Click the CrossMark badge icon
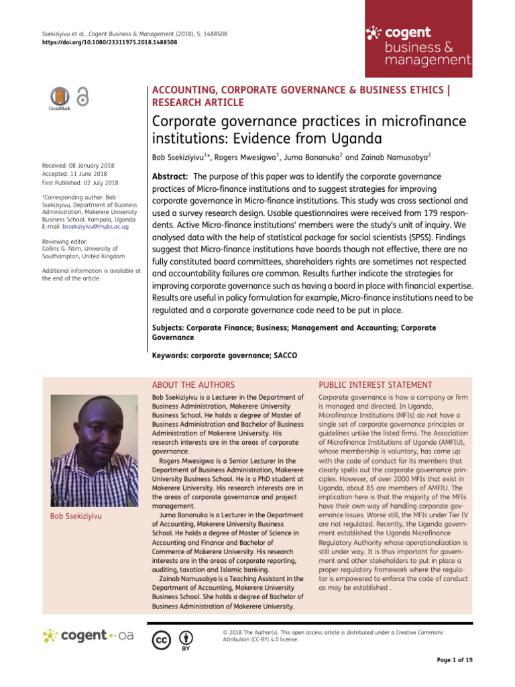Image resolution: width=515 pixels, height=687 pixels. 60,98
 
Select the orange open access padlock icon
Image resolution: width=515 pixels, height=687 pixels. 82,97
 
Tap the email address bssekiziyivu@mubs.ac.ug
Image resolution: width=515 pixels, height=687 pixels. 95,227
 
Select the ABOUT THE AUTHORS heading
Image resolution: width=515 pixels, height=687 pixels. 193,384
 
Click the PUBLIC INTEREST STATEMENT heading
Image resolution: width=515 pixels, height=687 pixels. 375,384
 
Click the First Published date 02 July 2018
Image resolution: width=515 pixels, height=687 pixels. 80,182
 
